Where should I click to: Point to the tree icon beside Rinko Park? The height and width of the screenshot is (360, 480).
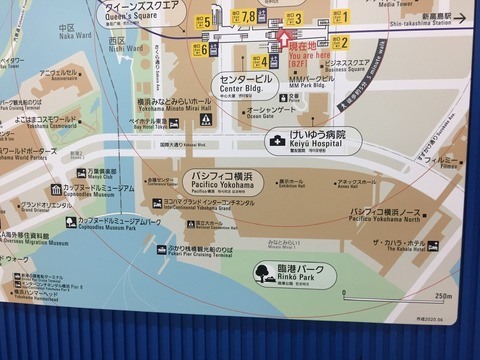[x=266, y=272]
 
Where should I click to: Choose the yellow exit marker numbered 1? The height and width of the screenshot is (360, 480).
[x=341, y=17]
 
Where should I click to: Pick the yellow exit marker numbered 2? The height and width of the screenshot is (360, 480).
[x=341, y=43]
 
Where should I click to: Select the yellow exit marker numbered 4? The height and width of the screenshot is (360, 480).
[x=257, y=61]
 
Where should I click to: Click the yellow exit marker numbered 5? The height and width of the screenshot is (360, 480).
[x=204, y=21]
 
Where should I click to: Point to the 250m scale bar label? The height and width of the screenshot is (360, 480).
[x=442, y=295]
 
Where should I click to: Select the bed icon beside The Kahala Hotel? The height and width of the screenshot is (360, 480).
[x=433, y=245]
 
